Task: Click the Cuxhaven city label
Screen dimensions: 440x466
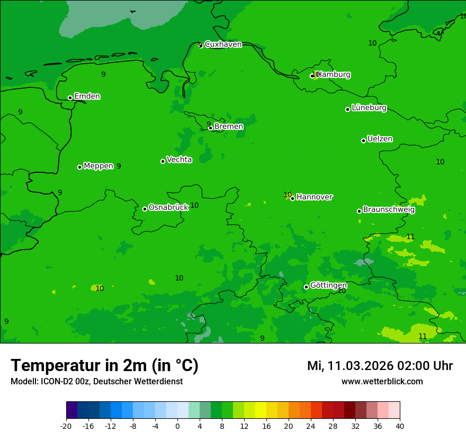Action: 223,45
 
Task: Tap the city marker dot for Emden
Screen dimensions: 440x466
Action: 70,98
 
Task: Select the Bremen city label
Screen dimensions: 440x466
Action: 229,127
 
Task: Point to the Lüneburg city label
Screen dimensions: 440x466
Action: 369,108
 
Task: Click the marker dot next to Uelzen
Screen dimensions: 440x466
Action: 363,140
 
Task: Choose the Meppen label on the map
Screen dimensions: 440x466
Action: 98,166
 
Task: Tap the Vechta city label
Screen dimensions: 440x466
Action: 179,160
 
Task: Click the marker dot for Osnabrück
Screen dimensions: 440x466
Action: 145,209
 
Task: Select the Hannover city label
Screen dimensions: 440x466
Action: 315,197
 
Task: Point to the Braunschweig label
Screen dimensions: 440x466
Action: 389,210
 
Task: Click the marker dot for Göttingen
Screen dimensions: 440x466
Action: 306,287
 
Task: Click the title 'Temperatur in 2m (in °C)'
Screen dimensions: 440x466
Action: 104,365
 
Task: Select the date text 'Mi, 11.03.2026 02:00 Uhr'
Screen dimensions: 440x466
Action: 380,366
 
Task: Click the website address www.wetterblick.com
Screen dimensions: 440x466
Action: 382,382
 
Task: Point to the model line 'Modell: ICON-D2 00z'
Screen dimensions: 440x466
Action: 96,382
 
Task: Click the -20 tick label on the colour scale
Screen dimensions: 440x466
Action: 66,426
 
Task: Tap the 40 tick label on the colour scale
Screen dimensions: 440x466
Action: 400,426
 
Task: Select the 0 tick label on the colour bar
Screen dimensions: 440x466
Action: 177,426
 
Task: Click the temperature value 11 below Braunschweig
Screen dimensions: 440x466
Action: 410,236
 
